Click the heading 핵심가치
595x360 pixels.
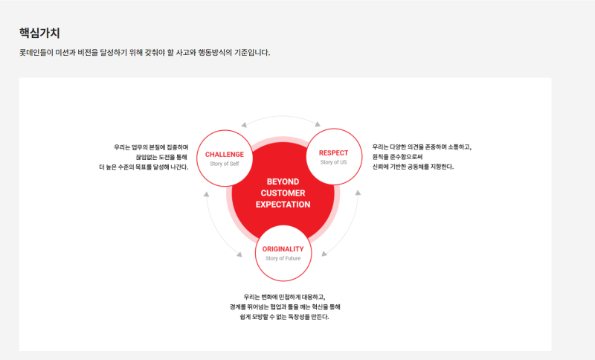[39, 33]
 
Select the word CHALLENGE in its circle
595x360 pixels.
[225, 155]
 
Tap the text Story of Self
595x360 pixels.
[225, 164]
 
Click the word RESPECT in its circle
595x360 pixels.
[333, 153]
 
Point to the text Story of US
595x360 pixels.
[333, 162]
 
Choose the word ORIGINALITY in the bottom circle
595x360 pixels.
[283, 249]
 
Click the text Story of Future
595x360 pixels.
[283, 258]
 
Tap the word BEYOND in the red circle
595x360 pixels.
[283, 181]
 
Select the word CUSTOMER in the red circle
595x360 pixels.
[283, 193]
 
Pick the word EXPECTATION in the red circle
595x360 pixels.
[283, 205]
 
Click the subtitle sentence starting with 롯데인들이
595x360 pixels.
[144, 52]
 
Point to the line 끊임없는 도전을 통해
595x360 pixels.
[162, 157]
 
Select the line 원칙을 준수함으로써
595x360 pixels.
[397, 157]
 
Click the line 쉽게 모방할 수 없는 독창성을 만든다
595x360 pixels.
[284, 317]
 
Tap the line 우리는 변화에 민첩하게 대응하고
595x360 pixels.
[284, 297]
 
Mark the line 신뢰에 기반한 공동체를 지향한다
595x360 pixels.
[413, 167]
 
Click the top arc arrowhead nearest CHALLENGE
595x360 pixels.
[244, 125]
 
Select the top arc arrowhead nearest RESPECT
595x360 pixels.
[318, 124]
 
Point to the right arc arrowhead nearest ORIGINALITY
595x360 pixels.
[324, 254]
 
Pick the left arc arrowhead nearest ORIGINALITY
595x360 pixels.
[239, 254]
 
